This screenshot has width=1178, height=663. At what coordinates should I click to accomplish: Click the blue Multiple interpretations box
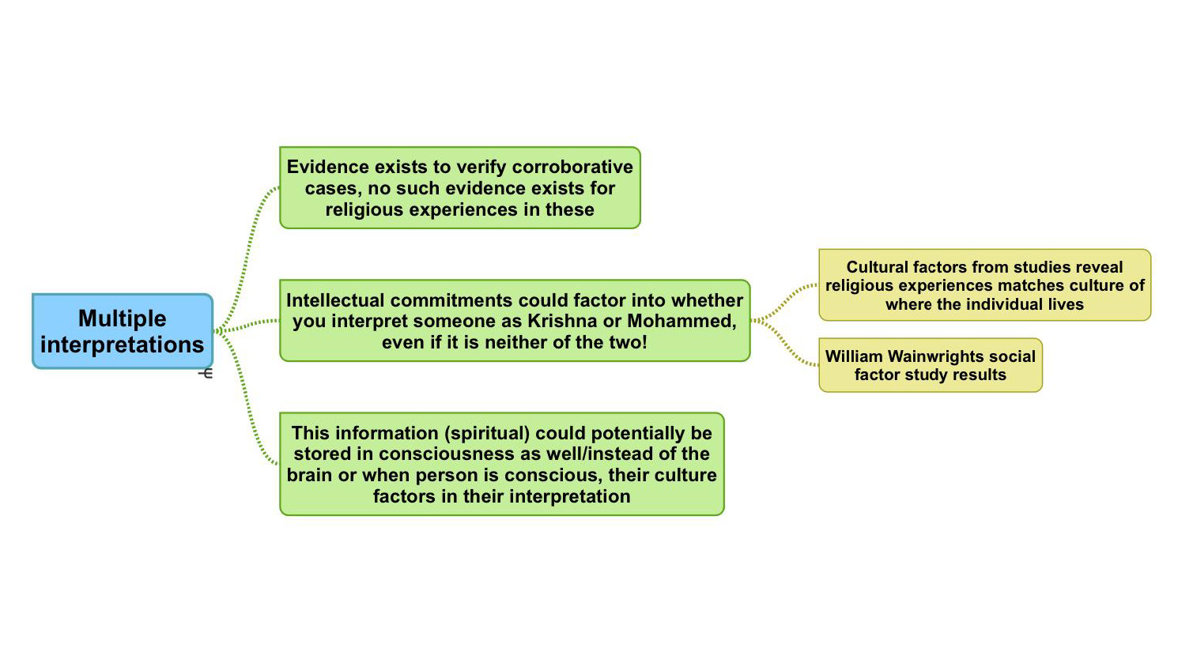[123, 331]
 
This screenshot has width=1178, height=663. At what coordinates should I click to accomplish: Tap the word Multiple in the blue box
[123, 318]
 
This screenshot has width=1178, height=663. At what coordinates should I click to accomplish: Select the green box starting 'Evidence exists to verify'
[459, 188]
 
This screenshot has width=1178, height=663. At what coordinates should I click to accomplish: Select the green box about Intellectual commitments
[514, 321]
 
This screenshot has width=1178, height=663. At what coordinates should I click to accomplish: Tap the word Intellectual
[335, 301]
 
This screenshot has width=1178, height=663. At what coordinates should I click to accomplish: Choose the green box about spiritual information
[501, 465]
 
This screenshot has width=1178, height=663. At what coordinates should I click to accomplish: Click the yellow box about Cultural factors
[984, 285]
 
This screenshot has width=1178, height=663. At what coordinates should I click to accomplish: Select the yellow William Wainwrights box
[930, 365]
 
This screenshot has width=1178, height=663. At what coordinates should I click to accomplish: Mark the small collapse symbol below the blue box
[206, 373]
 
